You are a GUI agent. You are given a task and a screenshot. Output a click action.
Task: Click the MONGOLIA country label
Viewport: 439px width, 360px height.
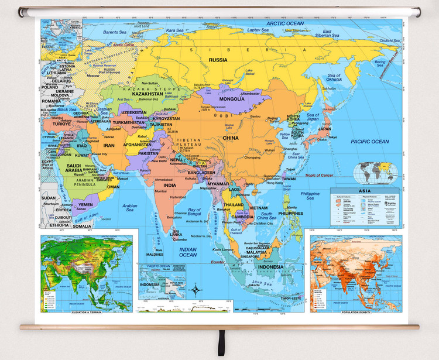click(x=224, y=99)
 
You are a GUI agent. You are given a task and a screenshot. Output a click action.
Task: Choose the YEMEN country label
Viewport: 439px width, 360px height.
click(x=81, y=205)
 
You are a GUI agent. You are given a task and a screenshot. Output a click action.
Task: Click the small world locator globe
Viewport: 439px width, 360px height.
click(x=375, y=172)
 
